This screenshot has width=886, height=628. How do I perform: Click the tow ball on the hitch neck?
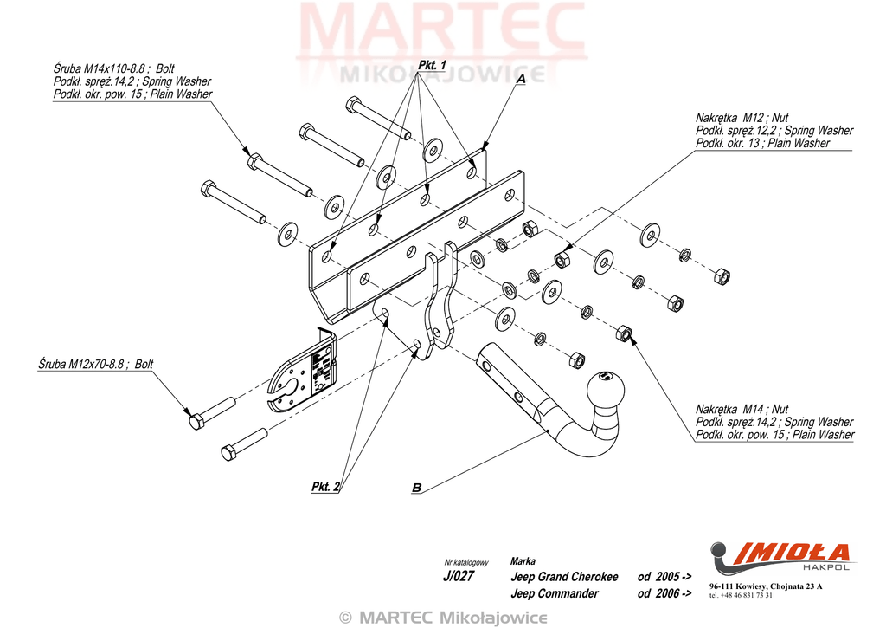607,390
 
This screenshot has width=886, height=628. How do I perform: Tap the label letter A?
520,79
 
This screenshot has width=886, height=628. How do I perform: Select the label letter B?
416,487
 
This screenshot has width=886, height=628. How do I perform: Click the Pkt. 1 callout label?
433,65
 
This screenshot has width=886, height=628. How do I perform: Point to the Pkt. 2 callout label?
325,487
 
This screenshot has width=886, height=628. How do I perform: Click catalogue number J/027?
459,576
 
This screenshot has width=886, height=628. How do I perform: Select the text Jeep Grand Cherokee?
564,577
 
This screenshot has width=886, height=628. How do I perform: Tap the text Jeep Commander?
554,593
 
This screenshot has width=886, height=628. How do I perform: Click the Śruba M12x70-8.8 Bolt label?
95,364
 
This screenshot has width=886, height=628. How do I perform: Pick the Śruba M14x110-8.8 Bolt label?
113,68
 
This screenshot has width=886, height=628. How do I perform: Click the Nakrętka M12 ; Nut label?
742,118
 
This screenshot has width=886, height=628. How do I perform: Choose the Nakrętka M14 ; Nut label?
742,409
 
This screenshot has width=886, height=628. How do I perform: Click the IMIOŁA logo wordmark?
787,552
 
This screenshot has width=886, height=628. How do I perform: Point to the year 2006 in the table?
667,593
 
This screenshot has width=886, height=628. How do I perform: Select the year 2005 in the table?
667,577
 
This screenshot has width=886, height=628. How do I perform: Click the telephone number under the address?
741,595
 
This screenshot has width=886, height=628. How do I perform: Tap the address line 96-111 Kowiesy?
766,586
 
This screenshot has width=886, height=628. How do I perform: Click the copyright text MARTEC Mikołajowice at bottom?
443,618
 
